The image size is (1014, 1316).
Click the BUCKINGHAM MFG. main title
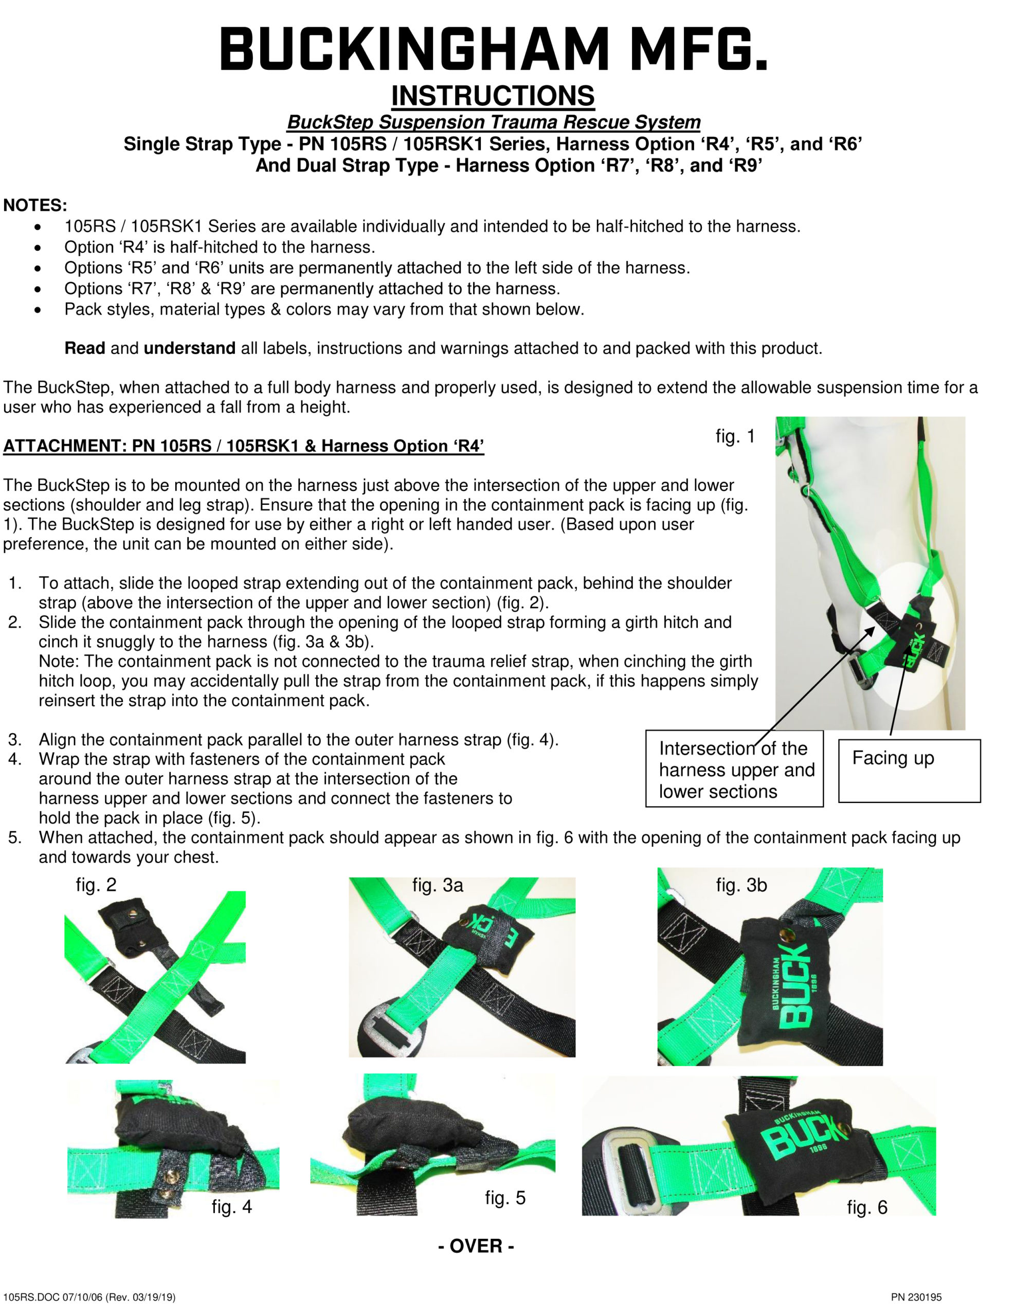coord(493,49)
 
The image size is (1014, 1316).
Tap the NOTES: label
coord(35,206)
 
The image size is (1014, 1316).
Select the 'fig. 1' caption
coord(735,436)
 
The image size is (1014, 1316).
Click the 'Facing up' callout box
coord(909,770)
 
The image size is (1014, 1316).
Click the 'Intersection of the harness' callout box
coord(734,769)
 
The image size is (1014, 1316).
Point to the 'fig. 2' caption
coord(96,885)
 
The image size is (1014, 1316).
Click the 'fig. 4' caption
coord(231,1207)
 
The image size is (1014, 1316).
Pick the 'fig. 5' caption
coord(505,1197)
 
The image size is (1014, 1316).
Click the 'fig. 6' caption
coord(867,1207)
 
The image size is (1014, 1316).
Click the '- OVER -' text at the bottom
coord(476,1246)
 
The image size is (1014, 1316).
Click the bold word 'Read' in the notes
coord(84,349)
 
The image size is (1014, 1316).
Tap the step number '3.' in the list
coord(15,739)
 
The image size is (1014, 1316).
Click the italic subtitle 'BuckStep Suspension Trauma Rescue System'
coord(493,122)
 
